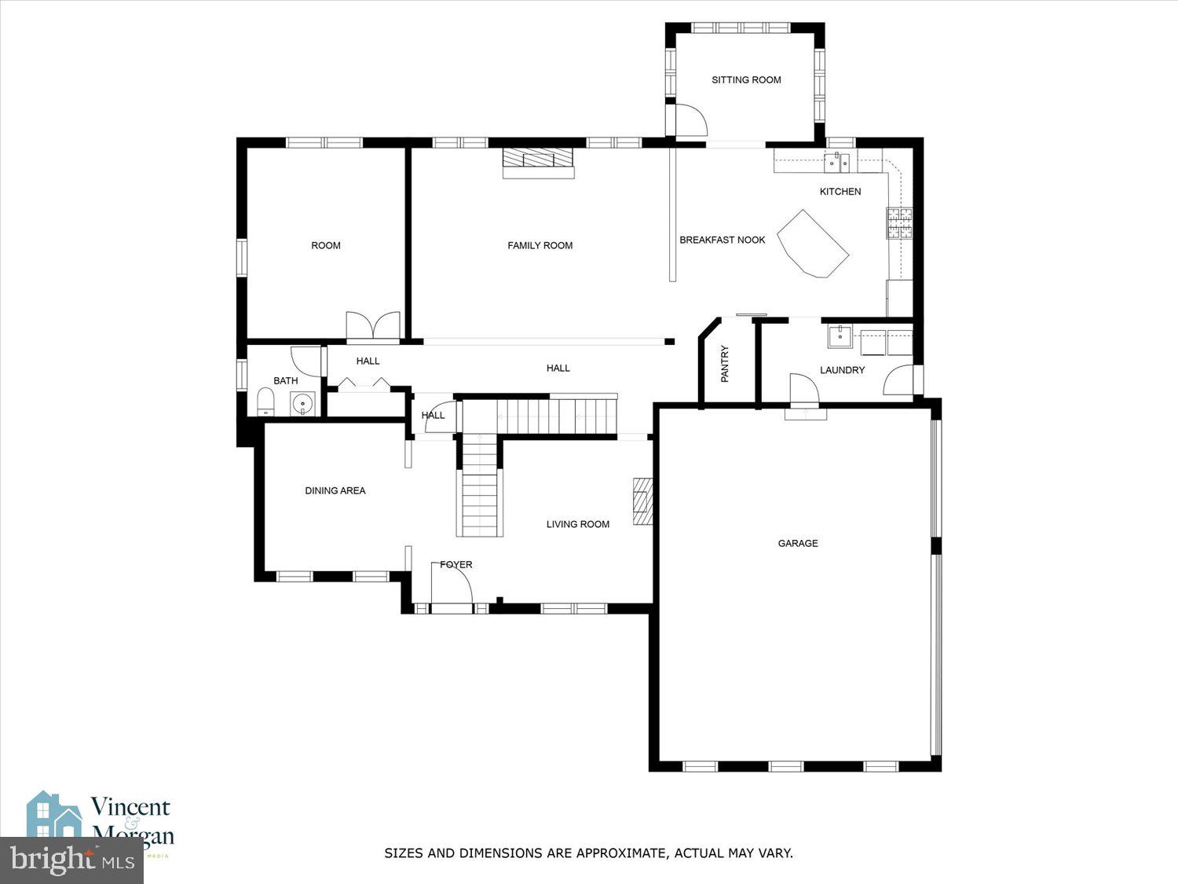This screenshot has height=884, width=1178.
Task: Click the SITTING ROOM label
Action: (x=746, y=80)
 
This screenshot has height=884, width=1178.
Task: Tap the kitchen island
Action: (x=812, y=244)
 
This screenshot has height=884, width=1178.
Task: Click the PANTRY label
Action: (x=725, y=364)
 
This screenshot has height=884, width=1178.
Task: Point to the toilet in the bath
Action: (x=265, y=402)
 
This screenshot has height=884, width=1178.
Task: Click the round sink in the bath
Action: (x=302, y=404)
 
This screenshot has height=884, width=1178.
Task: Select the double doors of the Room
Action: (x=373, y=326)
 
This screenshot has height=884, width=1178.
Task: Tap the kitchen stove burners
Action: (x=899, y=222)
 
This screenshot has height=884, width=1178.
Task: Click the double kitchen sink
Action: (x=837, y=163)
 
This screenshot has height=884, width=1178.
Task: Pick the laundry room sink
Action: (x=840, y=336)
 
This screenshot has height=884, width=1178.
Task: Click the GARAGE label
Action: (x=798, y=543)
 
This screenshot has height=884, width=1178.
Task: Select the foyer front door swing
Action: (x=453, y=584)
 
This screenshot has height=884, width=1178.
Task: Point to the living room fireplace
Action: (x=643, y=501)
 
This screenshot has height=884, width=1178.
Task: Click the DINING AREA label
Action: (x=335, y=491)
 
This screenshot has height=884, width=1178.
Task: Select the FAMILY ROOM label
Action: (x=540, y=246)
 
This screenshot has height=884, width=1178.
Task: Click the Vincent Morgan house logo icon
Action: (x=53, y=817)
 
